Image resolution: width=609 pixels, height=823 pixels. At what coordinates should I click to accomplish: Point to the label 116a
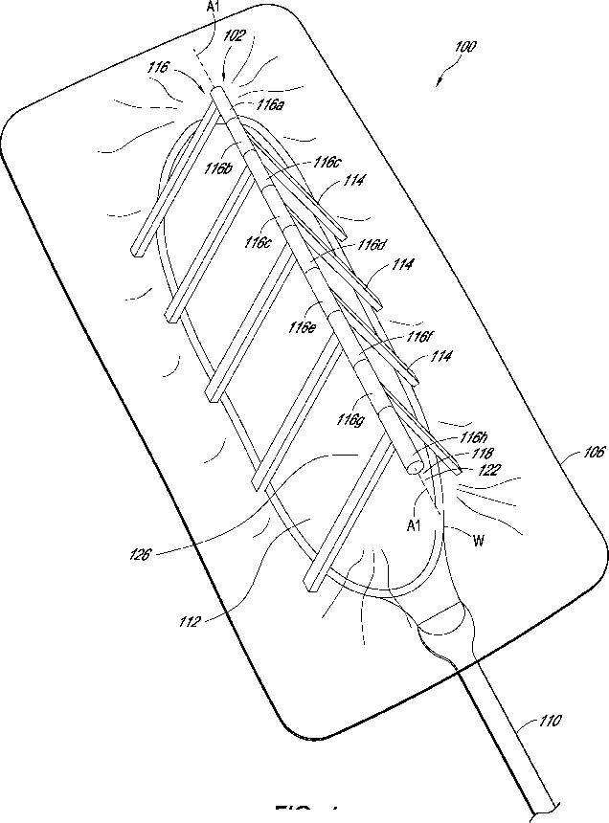[271, 104]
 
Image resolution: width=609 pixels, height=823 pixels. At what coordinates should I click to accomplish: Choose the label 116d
[373, 245]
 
